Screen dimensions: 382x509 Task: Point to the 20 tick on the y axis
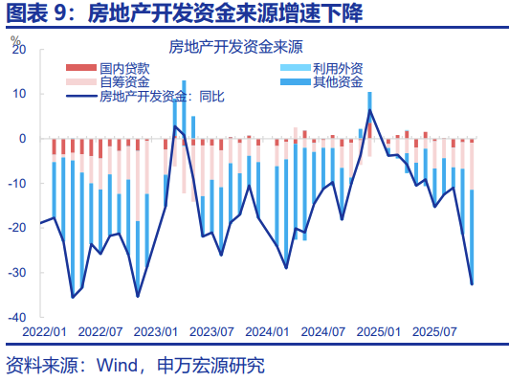pos(18,49)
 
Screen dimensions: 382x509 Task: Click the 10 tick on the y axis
pos(18,94)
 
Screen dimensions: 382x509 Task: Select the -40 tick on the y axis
pos(16,317)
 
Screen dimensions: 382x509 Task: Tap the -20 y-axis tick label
pos(16,228)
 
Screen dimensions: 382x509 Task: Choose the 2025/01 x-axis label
pos(377,332)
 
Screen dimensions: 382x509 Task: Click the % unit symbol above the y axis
pos(15,38)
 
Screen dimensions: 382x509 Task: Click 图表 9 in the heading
pos(36,13)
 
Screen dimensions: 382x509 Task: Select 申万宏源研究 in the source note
pos(210,365)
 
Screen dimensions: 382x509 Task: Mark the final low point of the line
pos(472,283)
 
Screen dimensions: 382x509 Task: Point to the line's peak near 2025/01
pos(370,110)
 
